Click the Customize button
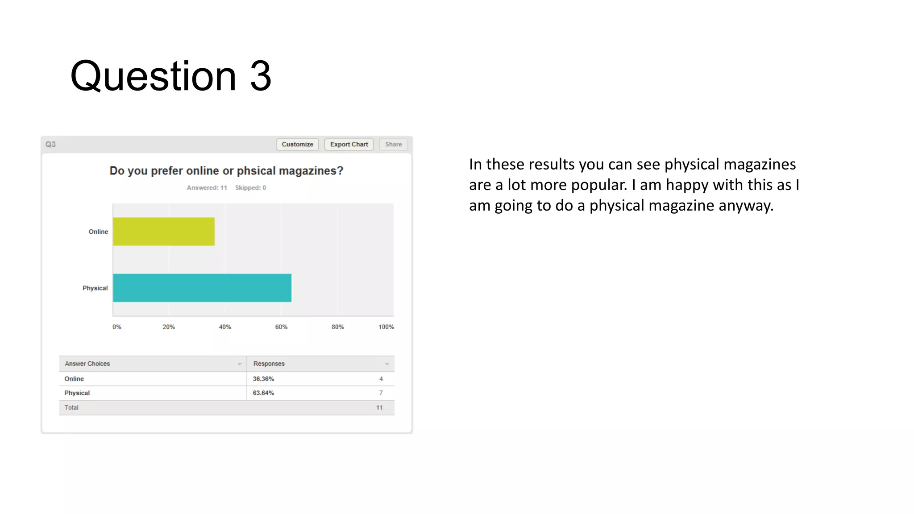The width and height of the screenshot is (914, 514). (x=297, y=145)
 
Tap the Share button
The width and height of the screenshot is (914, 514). (x=393, y=145)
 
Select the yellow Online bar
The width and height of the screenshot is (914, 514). (x=164, y=232)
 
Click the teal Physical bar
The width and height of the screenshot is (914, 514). (x=202, y=288)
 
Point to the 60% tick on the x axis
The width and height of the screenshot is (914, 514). (x=281, y=327)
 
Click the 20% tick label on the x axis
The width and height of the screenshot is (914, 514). (x=169, y=327)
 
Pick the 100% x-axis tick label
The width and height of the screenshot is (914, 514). (x=386, y=327)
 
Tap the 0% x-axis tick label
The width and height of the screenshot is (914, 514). (x=117, y=327)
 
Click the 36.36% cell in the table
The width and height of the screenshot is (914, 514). (x=263, y=379)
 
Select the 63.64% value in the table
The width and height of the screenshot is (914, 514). (x=263, y=393)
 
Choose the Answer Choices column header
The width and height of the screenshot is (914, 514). (x=87, y=364)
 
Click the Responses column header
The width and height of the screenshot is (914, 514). (x=269, y=364)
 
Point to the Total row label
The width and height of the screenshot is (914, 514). (x=71, y=408)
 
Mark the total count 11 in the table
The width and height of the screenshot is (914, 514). (x=379, y=408)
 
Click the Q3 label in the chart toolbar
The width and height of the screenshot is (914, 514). (x=50, y=145)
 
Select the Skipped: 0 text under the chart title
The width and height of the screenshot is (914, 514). (x=250, y=188)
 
